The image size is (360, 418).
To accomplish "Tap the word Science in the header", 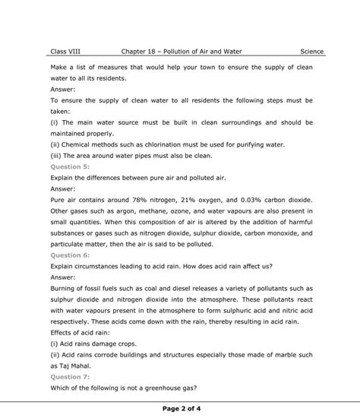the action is (311, 52).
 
